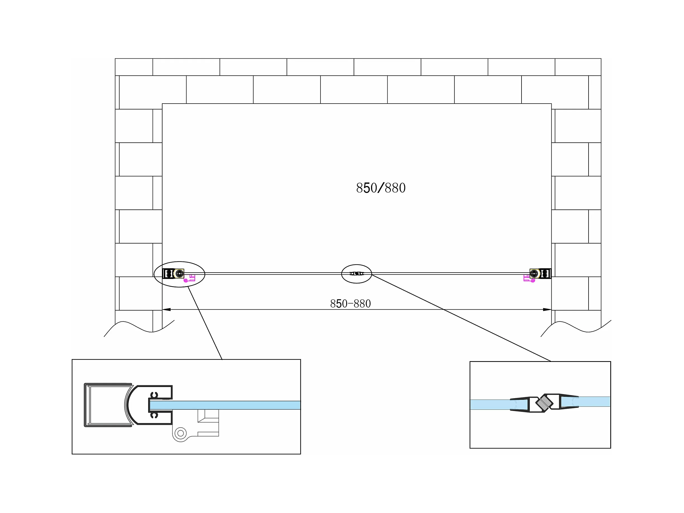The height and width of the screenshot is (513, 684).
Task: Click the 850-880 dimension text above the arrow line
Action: pyautogui.click(x=350, y=304)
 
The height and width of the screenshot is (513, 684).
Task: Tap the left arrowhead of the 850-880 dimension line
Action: pyautogui.click(x=166, y=309)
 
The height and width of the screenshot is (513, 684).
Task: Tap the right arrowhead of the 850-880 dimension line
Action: pyautogui.click(x=547, y=309)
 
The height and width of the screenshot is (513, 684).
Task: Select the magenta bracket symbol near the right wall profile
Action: pyautogui.click(x=529, y=278)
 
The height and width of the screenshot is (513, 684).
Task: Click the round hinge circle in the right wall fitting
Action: pyautogui.click(x=534, y=273)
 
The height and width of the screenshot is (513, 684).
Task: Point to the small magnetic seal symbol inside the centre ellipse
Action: pyautogui.click(x=357, y=273)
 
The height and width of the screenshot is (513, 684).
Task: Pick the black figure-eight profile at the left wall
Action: pyautogui.click(x=168, y=273)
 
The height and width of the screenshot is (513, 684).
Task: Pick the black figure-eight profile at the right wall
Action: pyautogui.click(x=545, y=273)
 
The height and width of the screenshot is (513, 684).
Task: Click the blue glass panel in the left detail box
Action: pyautogui.click(x=225, y=405)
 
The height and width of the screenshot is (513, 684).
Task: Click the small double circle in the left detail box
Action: pyautogui.click(x=181, y=433)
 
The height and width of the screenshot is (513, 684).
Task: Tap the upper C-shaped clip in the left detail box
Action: pyautogui.click(x=154, y=395)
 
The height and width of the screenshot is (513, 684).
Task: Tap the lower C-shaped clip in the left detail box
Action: pyautogui.click(x=154, y=415)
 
